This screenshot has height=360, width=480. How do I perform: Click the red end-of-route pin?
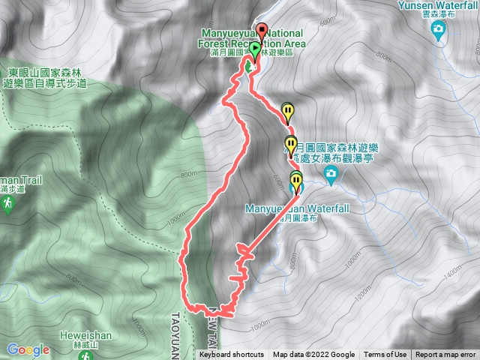coord(262,31)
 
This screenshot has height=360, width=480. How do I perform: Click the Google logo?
coord(28,349)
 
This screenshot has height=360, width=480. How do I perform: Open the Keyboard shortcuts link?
coord(232,355)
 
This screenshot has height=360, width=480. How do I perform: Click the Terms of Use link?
coord(385,355)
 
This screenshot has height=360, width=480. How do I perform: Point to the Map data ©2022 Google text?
coord(313,355)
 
